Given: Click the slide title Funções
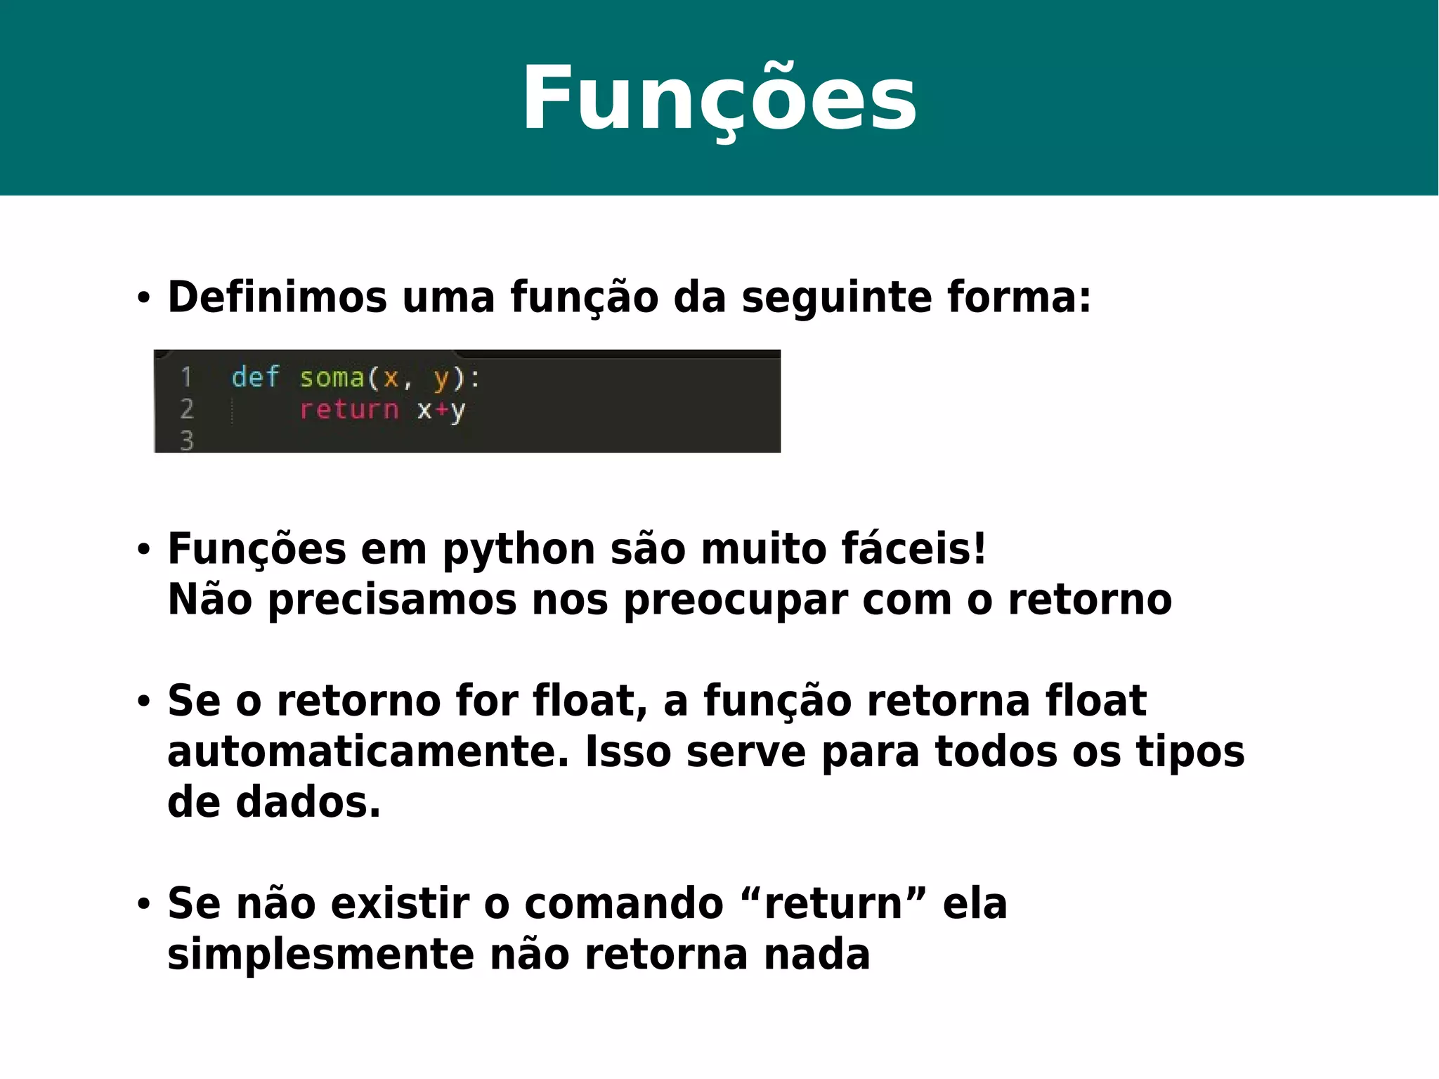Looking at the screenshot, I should coord(719,98).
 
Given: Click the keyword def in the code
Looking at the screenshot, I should coord(255,377).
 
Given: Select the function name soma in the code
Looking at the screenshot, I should coord(332,378).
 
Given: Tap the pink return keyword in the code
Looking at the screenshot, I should coord(349,409).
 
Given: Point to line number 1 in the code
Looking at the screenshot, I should coord(186,377).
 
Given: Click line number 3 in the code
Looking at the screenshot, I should coord(186,441).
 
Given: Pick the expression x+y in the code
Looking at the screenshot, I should coord(441,410).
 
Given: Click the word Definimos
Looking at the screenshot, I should coord(277,297).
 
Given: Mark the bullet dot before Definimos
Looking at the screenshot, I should coord(144,298).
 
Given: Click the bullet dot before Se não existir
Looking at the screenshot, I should coord(144,905).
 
